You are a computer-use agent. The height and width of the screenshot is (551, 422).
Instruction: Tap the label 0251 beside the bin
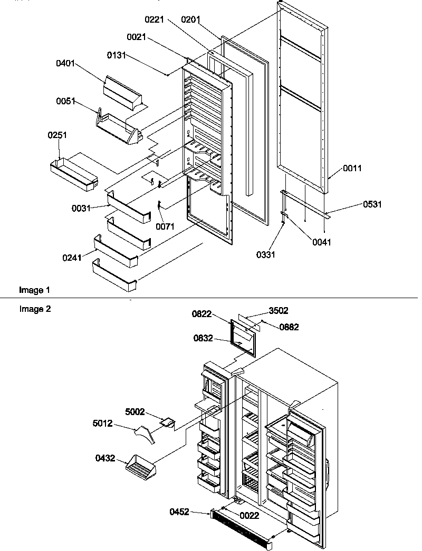(x=57, y=136)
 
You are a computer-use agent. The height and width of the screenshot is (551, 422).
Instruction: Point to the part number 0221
(x=155, y=20)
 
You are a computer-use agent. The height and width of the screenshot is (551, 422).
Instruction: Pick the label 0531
(x=372, y=204)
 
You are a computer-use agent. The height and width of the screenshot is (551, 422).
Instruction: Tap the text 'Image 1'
(x=35, y=290)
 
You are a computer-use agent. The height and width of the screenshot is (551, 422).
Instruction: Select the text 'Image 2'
(x=35, y=309)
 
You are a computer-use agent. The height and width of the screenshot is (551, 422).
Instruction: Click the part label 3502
(x=278, y=311)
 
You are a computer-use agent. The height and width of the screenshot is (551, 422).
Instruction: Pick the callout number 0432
(x=105, y=459)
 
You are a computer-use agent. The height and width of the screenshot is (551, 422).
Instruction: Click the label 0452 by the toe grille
(x=179, y=511)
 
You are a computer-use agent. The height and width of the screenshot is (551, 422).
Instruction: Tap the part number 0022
(x=249, y=516)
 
